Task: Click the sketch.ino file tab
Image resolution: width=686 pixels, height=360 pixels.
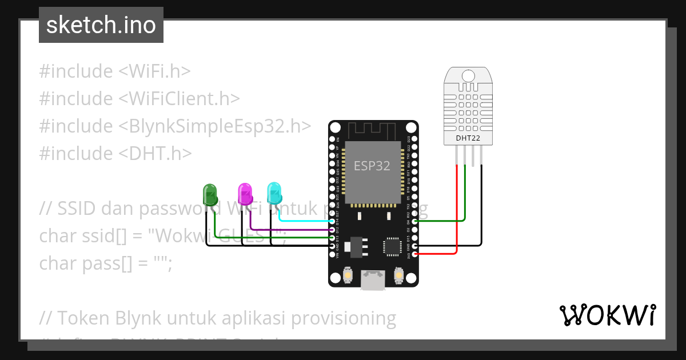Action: pos(101,25)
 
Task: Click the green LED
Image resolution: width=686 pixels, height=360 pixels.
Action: pos(210,194)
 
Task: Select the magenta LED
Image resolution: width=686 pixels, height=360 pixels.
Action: pos(245,194)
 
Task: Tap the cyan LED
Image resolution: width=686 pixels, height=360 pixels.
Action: pos(274,193)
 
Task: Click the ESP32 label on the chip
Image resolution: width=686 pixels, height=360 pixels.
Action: pos(372,166)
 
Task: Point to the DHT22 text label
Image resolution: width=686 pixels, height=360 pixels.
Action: pos(468,138)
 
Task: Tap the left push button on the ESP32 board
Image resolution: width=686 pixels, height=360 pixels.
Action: pos(346,276)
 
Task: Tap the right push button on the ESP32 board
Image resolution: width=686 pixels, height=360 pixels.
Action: pos(399,276)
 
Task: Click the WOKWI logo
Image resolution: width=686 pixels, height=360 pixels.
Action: pos(607,315)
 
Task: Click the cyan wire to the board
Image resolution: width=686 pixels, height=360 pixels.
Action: pos(303,220)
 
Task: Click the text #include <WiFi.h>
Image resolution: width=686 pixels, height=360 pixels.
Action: pos(115,71)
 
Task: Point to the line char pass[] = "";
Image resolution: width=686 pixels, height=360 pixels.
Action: pos(105,263)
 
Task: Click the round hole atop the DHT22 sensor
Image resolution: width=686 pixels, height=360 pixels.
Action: pos(468,75)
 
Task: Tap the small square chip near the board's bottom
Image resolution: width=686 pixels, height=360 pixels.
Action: pos(392,246)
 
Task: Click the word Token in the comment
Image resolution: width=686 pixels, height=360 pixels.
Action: pos(82,318)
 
